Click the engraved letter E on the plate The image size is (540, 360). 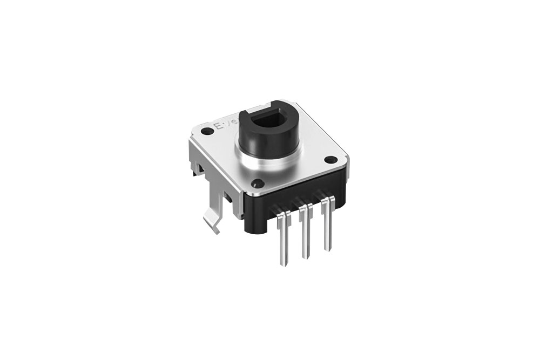coord(219,128)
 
